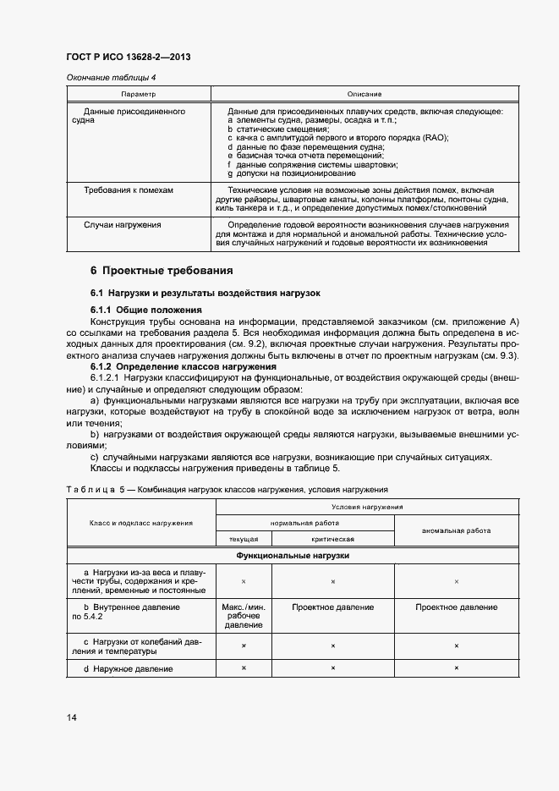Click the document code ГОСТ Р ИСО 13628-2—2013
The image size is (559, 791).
coord(128,57)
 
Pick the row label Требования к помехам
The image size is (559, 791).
coord(128,190)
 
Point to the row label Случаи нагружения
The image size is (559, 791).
coord(123,225)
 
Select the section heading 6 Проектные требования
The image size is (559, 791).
coord(162,271)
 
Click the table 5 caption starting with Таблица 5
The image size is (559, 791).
coord(226,490)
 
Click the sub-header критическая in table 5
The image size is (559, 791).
coord(332,539)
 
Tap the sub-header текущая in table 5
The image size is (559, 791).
coord(244,539)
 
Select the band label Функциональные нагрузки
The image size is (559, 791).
coord(293,556)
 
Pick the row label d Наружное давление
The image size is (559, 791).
coord(129,669)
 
